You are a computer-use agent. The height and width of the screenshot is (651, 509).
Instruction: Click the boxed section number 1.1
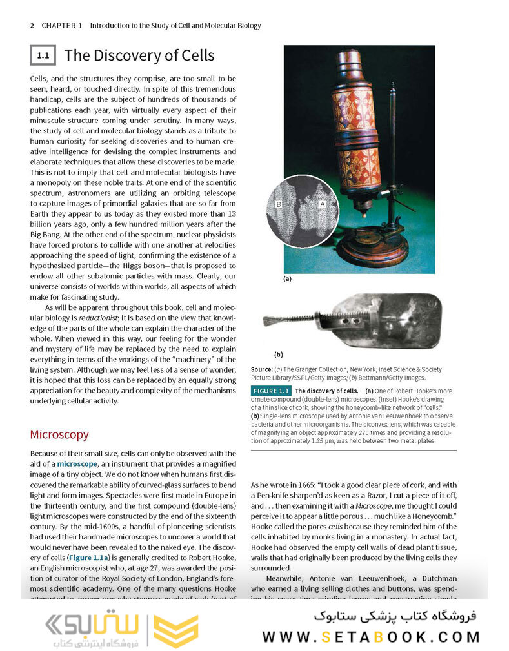[43, 55]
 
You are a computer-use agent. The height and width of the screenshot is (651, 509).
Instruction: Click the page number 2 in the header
[32, 26]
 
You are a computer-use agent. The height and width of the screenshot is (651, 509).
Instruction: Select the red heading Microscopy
[59, 434]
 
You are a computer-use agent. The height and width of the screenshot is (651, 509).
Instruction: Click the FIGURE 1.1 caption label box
[271, 391]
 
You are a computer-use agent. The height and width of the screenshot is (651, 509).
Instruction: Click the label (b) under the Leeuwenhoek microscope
[278, 355]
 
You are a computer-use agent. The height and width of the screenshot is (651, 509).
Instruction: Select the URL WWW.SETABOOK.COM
[371, 637]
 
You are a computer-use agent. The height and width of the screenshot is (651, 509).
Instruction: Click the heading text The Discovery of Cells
[139, 55]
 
